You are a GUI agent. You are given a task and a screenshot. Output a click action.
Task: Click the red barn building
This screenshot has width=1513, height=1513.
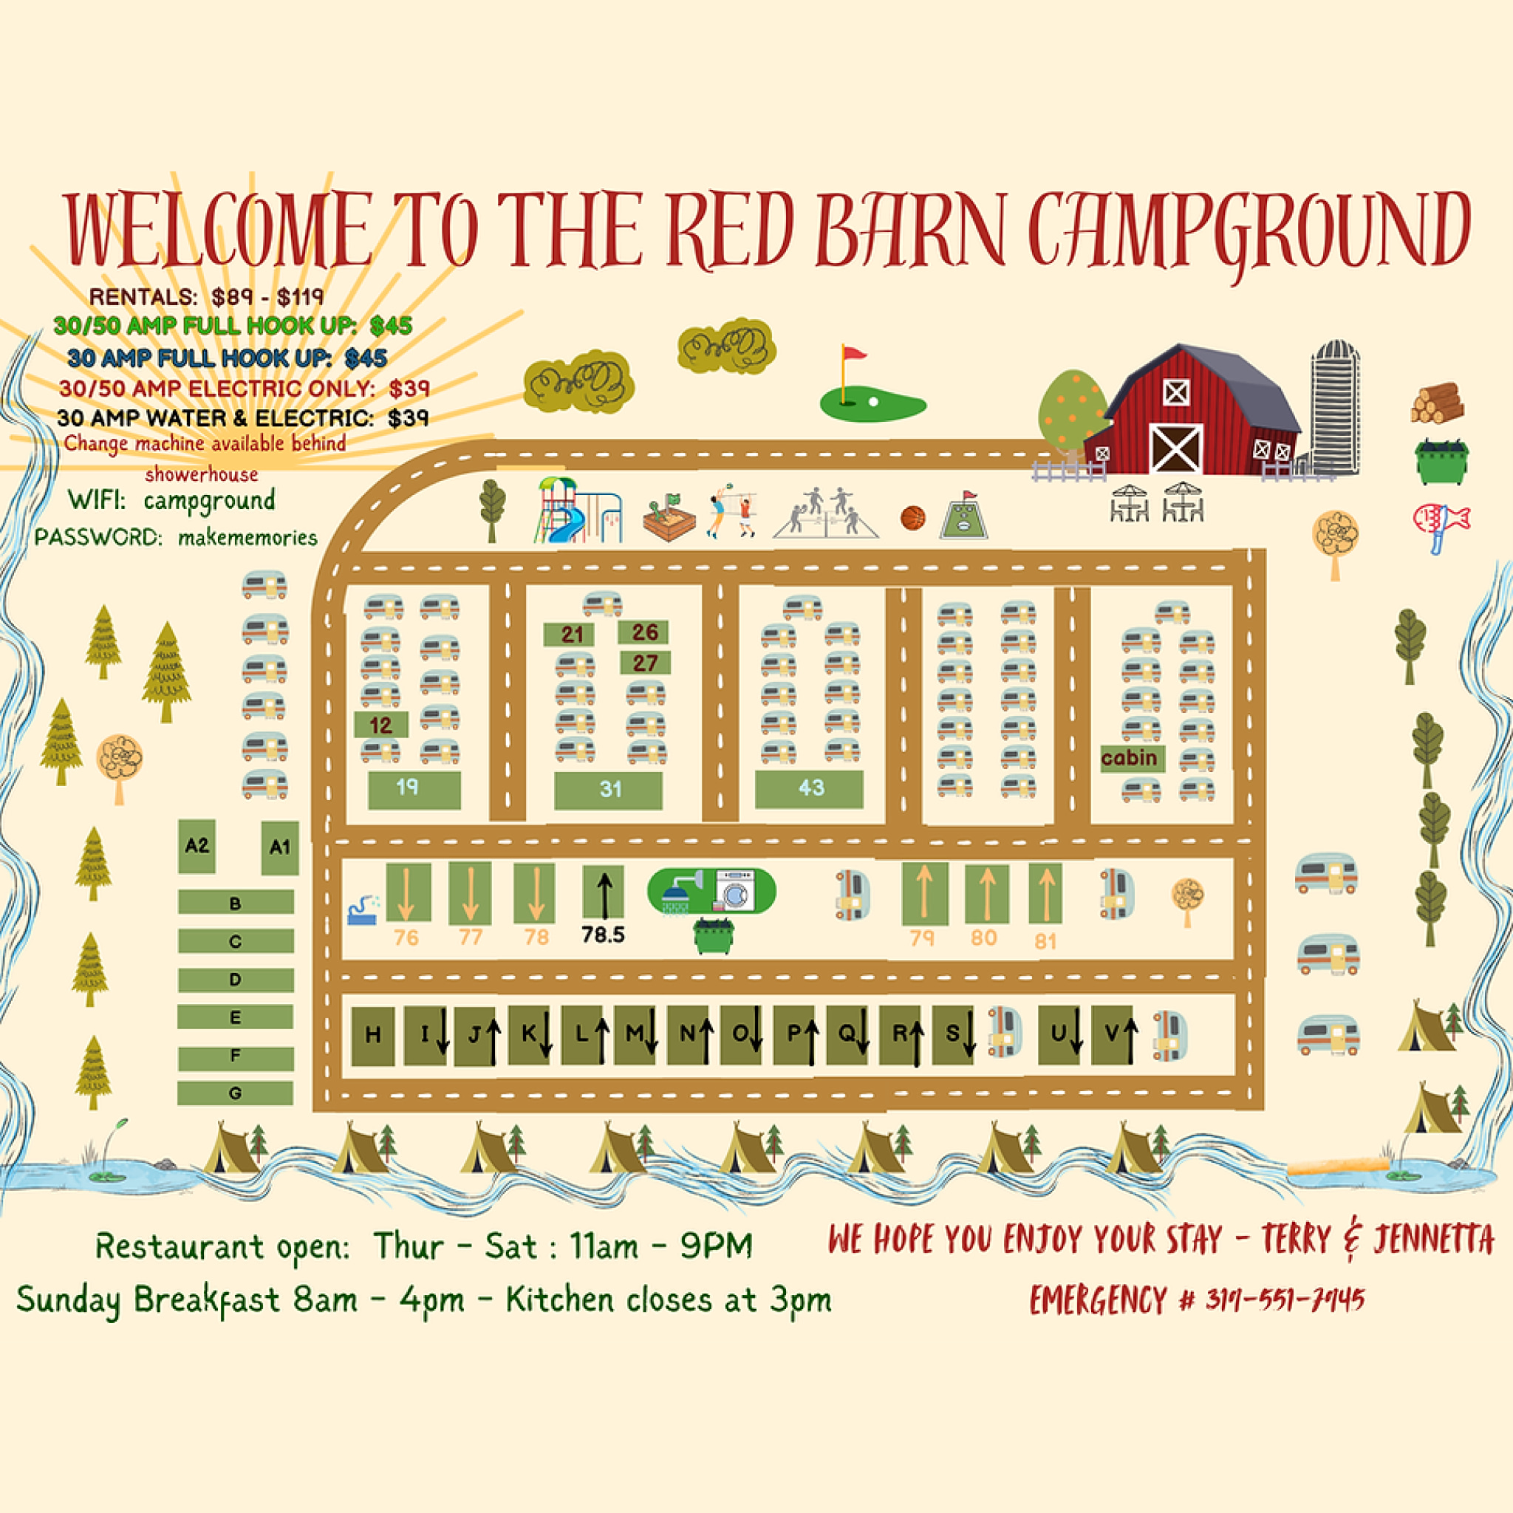tap(1190, 415)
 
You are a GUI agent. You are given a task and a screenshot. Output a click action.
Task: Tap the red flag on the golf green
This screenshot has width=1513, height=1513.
tap(853, 354)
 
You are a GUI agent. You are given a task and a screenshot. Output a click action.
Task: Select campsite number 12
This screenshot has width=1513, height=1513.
tap(380, 725)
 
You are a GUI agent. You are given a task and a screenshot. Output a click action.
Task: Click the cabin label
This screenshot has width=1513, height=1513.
tap(1130, 758)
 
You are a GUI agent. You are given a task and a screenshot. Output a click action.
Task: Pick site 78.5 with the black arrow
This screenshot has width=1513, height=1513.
tap(603, 892)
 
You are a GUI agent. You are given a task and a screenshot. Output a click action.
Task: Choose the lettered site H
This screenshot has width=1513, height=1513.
tap(373, 1035)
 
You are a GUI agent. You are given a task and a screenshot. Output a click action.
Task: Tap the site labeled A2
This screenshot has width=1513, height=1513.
tap(197, 846)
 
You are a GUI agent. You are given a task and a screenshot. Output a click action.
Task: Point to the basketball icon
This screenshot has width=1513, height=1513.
tap(912, 518)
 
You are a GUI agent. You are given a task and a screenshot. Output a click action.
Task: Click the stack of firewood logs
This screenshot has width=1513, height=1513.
tap(1437, 403)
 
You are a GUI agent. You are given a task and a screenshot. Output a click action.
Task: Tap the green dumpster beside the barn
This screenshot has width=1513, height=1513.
tap(1440, 462)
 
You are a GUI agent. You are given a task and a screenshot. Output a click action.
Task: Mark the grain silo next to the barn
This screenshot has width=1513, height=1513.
tap(1336, 407)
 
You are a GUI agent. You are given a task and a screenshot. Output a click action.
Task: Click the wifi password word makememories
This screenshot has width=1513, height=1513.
tap(247, 538)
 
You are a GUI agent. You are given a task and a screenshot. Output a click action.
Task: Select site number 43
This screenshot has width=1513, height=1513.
tap(810, 788)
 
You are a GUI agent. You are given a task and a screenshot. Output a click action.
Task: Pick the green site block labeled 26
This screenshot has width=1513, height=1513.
tap(643, 632)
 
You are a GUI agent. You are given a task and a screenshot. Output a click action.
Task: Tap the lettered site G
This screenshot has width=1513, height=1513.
tap(235, 1093)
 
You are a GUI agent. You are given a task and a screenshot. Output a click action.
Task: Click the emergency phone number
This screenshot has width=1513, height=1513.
tap(1284, 1301)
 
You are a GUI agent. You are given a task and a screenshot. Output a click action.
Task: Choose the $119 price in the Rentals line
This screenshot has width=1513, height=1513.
tap(301, 298)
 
